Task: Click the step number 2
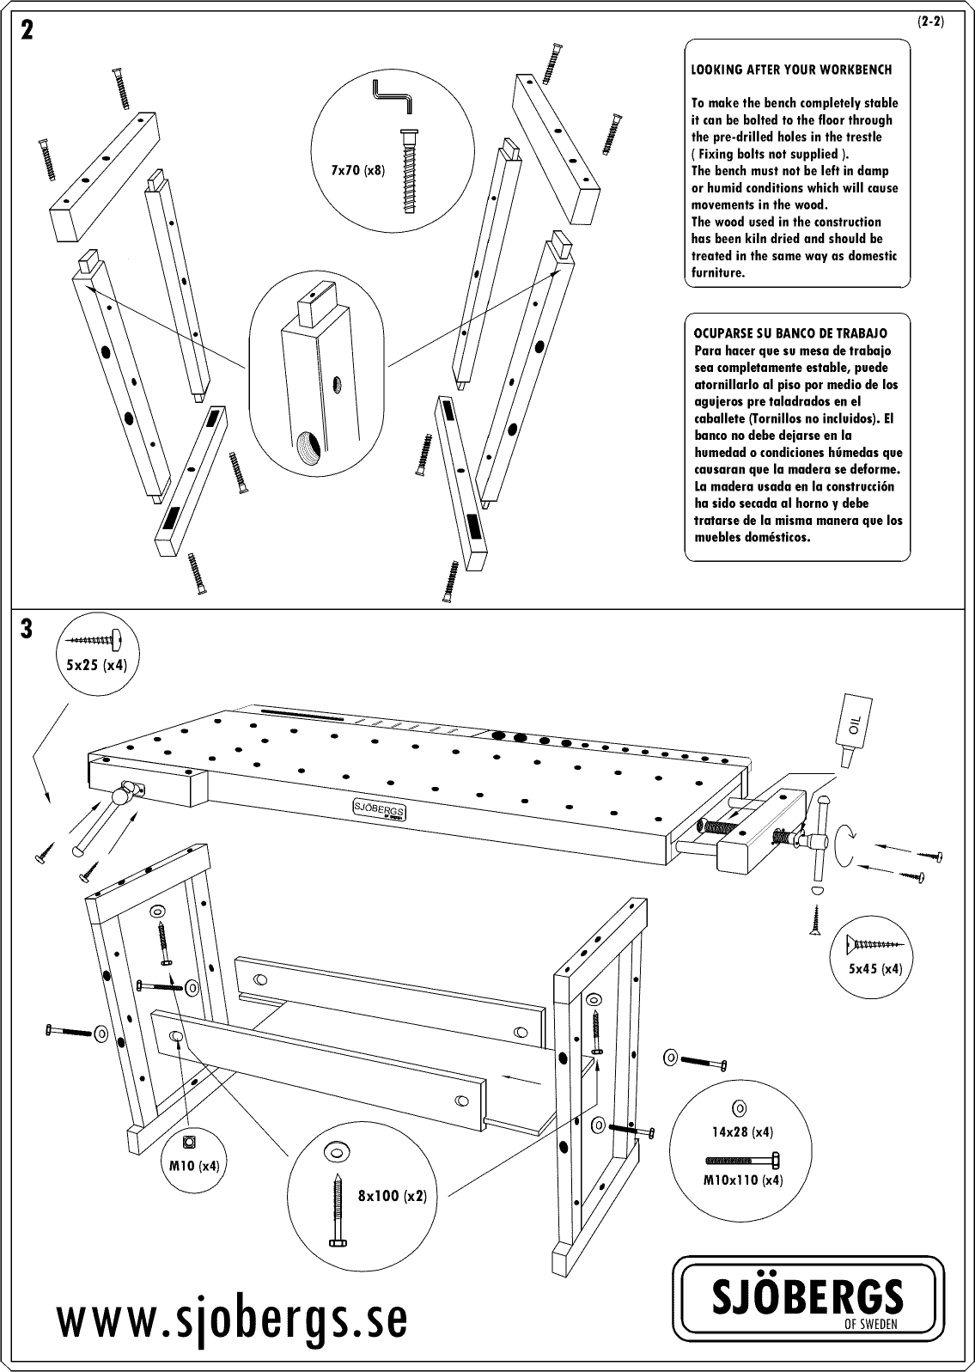[27, 32]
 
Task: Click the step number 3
[27, 630]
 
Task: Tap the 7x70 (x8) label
[358, 171]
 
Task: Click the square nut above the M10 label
[189, 1142]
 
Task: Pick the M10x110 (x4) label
[743, 1180]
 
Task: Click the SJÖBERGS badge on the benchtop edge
[380, 808]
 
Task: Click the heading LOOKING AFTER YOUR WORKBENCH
[791, 70]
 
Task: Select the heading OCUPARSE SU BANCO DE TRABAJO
[790, 333]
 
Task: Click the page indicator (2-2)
[929, 22]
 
